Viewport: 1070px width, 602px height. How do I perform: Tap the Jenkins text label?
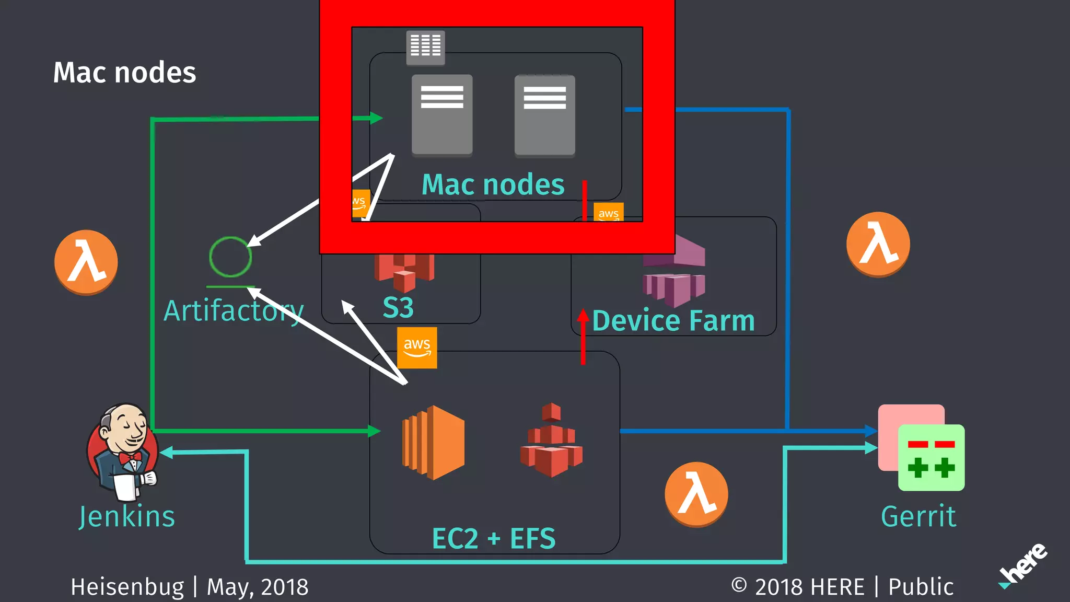click(x=127, y=516)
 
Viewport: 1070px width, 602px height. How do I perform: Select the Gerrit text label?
click(x=918, y=516)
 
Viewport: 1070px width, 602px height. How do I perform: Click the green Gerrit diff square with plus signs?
click(x=931, y=458)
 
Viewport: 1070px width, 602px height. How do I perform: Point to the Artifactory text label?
click(x=234, y=311)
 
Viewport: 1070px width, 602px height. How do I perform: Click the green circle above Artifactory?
click(x=230, y=257)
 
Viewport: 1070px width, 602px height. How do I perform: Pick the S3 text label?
click(x=398, y=307)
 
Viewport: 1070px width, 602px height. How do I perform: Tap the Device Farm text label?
click(x=673, y=320)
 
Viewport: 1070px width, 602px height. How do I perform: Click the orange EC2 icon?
click(x=433, y=442)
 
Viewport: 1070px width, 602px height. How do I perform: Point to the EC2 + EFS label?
click(x=494, y=538)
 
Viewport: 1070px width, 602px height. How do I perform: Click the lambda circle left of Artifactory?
click(x=86, y=262)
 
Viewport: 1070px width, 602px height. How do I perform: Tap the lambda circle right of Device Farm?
click(x=878, y=244)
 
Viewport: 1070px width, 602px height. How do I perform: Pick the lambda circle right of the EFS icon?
click(x=696, y=494)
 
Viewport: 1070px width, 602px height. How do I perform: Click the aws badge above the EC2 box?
click(x=417, y=348)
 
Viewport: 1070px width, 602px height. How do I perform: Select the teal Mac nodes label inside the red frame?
click(x=493, y=184)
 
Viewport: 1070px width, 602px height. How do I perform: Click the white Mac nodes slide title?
click(x=124, y=72)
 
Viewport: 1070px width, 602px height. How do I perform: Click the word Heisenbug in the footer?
click(x=127, y=587)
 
